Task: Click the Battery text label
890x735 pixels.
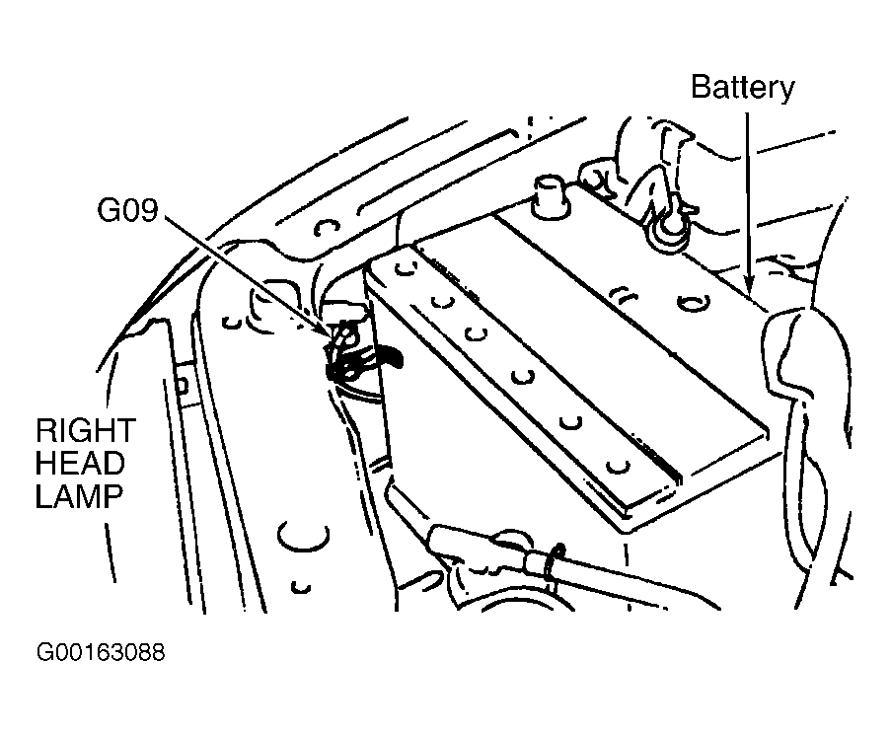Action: [x=742, y=87]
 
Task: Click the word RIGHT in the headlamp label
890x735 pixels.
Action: [x=84, y=432]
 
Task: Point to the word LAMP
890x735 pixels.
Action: [x=79, y=495]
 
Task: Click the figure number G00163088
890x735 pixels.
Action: [x=100, y=653]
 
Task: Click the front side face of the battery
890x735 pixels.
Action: [x=474, y=434]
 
